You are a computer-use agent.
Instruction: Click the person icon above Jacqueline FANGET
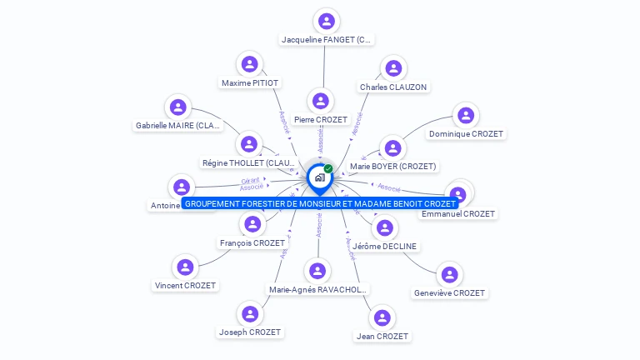coord(327,22)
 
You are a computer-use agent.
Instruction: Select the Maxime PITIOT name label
coord(250,82)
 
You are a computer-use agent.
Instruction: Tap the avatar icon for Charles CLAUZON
coord(392,68)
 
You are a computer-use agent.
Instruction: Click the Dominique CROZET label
coord(466,133)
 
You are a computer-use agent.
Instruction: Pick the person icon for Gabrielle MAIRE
coord(178,107)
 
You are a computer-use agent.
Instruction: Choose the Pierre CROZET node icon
coord(320,102)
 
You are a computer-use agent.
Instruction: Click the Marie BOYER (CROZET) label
coord(392,166)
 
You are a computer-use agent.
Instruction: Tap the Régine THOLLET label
coord(249,162)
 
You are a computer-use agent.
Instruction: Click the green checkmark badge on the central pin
coord(328,169)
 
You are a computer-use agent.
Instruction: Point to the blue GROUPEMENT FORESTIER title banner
coord(320,203)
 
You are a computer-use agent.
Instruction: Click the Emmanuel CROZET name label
coord(457,214)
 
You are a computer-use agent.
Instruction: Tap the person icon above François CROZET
coord(252,224)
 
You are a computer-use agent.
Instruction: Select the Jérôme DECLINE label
coord(384,246)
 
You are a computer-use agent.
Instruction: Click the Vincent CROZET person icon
coord(185,267)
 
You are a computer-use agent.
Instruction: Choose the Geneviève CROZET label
coord(449,292)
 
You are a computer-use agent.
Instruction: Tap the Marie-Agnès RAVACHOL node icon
coord(317,271)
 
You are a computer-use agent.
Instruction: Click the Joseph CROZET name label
coord(250,332)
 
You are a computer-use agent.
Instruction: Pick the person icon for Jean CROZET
coord(382,317)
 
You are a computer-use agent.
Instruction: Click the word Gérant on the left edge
coord(251,180)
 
